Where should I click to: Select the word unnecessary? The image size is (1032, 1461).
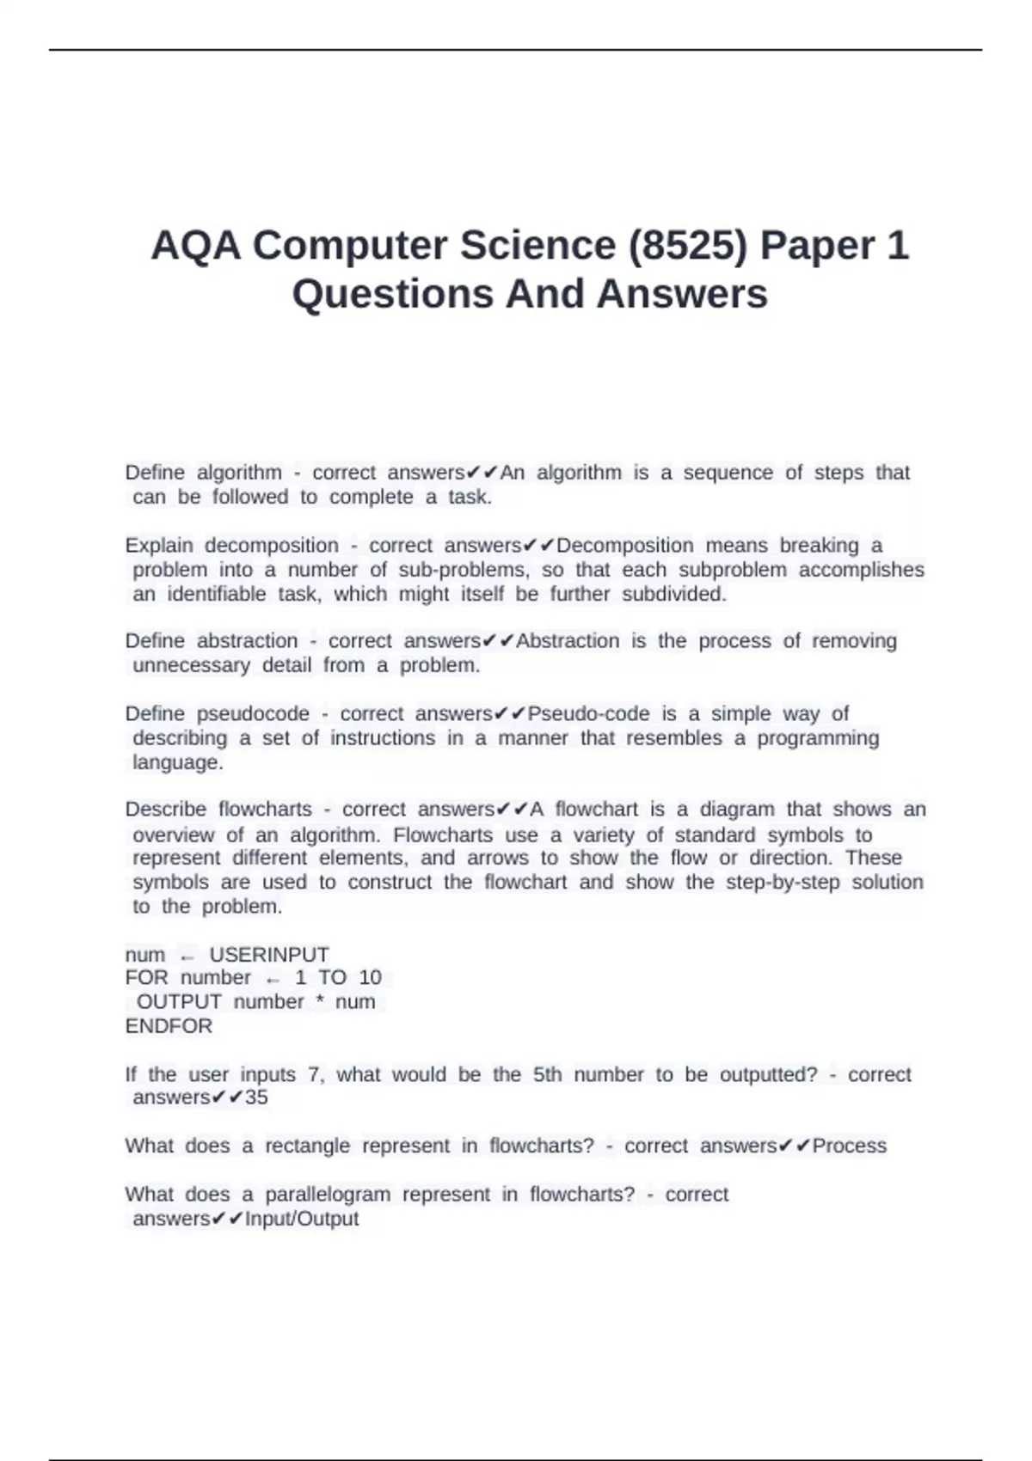tap(191, 665)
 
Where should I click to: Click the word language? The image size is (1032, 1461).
tap(177, 762)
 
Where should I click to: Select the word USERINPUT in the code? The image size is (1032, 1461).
tap(269, 955)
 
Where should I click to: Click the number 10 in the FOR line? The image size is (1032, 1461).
tap(370, 978)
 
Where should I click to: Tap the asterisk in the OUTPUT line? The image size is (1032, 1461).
tap(320, 1002)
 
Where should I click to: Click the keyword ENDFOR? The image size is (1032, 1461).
tap(169, 1026)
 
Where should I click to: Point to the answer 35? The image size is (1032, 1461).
tap(256, 1097)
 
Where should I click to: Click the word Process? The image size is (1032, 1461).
tap(849, 1146)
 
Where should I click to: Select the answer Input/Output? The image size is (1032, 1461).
tap(302, 1219)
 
